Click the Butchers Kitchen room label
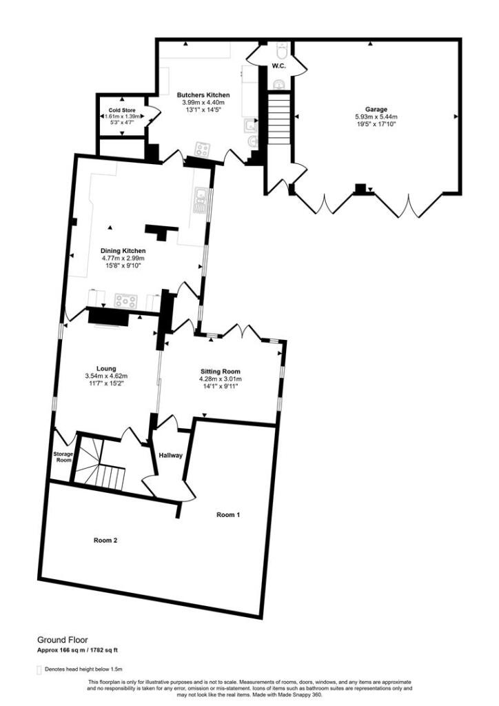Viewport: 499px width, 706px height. (x=203, y=94)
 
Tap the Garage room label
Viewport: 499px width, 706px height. (x=376, y=109)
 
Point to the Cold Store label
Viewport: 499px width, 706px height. (x=121, y=110)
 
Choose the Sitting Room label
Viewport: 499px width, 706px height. (x=217, y=371)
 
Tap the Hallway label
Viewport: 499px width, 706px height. (x=170, y=455)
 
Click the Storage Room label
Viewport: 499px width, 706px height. (x=63, y=456)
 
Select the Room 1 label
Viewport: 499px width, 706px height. (x=229, y=514)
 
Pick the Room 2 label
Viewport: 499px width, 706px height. (x=105, y=541)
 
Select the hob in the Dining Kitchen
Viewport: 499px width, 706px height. (x=125, y=301)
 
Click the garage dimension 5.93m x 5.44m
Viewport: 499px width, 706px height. (x=376, y=117)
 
